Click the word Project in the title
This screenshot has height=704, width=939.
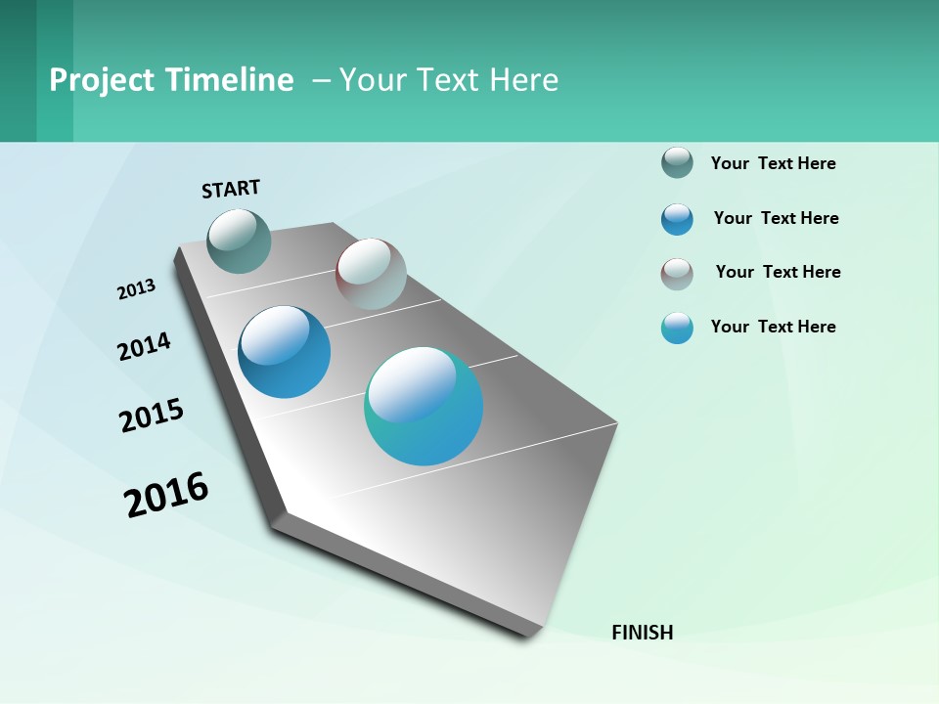[101, 80]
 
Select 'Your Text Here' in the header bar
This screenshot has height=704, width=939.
[449, 80]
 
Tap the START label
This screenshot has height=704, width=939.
[231, 189]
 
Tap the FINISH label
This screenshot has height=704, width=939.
[642, 633]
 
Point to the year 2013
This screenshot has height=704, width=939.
[136, 289]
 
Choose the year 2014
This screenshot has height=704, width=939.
[144, 346]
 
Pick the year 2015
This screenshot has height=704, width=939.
[152, 416]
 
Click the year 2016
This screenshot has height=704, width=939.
[166, 495]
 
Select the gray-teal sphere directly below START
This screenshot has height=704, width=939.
[239, 241]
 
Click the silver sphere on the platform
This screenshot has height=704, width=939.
[371, 274]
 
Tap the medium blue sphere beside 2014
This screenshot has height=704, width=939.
[284, 352]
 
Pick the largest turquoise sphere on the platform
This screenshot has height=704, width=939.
[424, 406]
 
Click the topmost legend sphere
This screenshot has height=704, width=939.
[677, 162]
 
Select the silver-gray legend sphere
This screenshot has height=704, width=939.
[677, 274]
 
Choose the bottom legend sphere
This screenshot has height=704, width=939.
[677, 328]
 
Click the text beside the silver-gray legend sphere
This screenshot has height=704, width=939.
[778, 272]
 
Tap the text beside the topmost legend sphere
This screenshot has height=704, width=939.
[773, 163]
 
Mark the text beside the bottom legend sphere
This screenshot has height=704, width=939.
[773, 327]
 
